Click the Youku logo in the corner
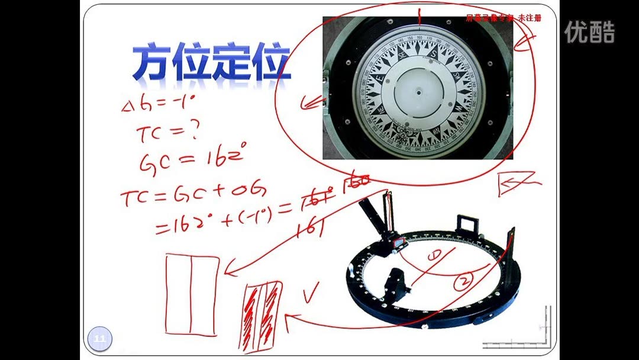(x=589, y=33)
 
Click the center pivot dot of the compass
(x=418, y=92)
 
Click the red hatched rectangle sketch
(x=261, y=314)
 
